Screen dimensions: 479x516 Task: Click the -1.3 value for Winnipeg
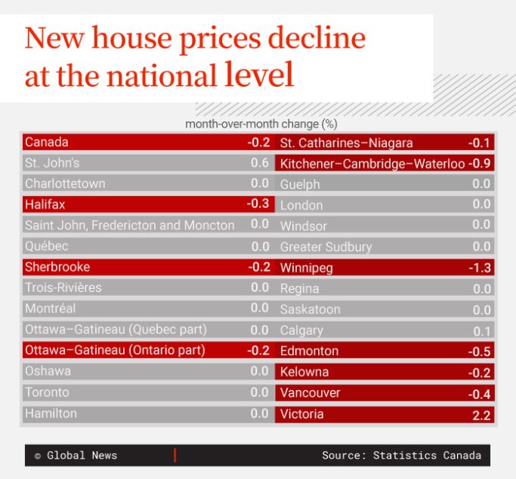480,268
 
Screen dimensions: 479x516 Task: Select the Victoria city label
302,414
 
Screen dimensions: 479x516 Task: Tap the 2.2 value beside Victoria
481,415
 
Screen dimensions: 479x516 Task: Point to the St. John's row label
52,163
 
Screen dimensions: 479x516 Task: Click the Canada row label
47,142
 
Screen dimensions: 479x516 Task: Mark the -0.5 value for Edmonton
480,352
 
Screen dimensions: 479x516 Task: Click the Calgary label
301,330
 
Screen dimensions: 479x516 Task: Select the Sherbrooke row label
57,267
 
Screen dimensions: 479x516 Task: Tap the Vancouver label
311,393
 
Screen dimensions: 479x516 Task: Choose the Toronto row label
47,392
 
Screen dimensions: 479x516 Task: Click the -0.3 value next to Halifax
258,204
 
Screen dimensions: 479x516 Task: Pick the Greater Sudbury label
326,247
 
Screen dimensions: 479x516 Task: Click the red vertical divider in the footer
175,455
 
